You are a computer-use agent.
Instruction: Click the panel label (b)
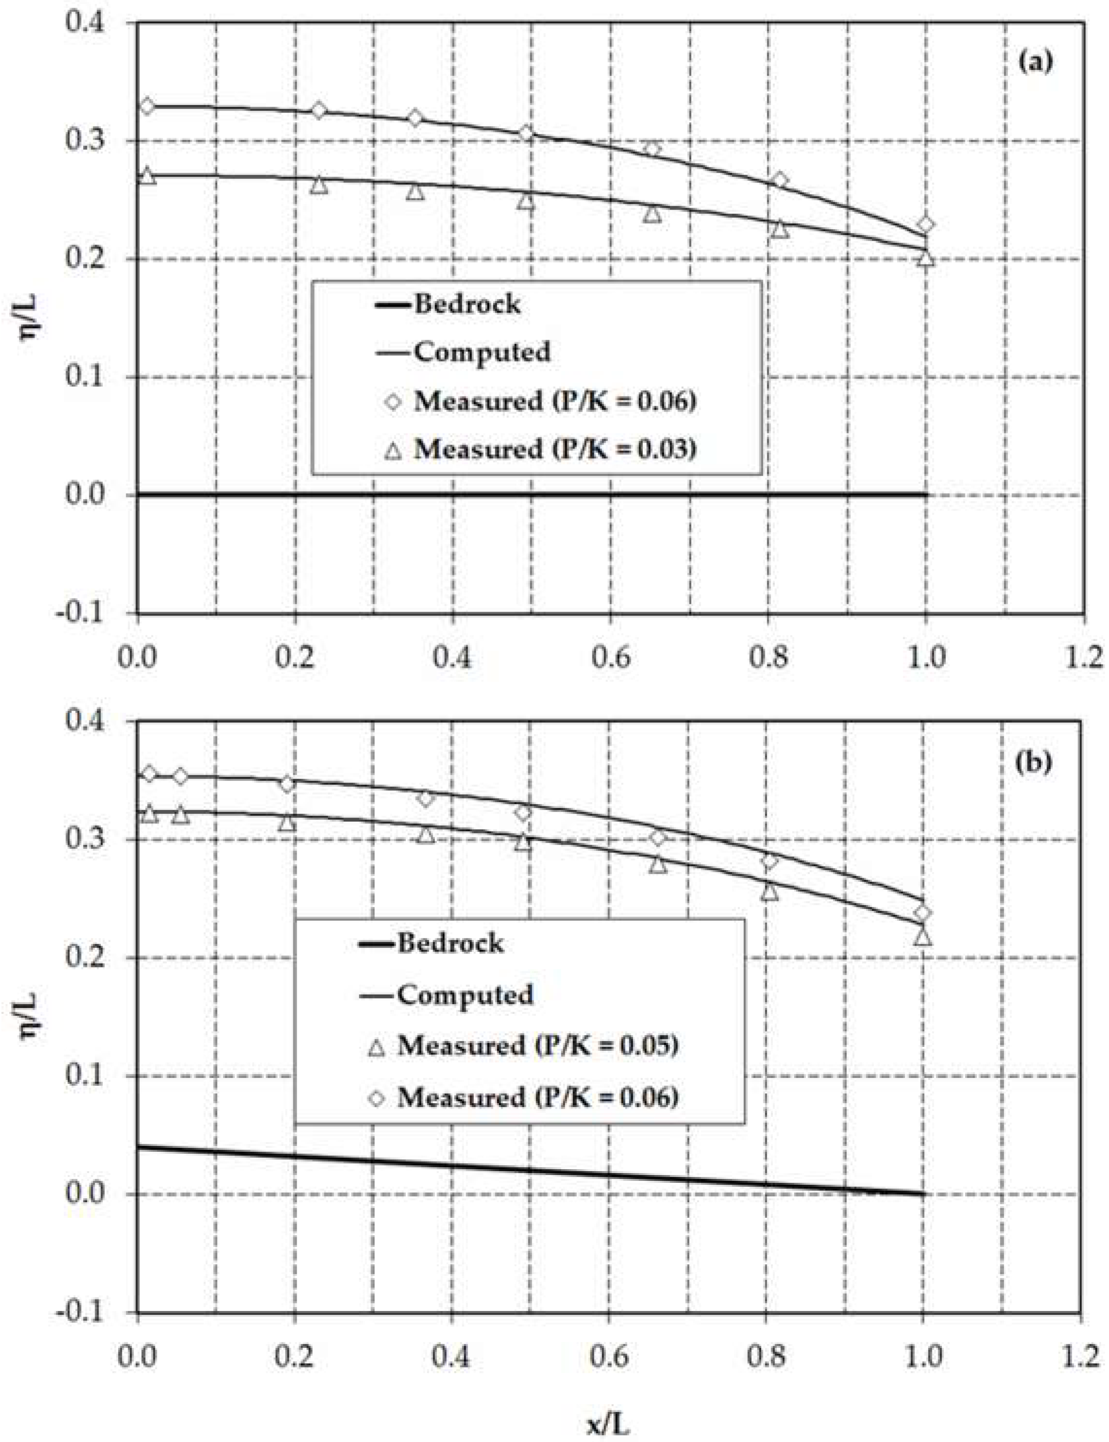1034,762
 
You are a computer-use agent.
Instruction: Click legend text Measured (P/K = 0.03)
554,449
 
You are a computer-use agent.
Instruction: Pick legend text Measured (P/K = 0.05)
538,1045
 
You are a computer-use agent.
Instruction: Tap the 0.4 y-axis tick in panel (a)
86,21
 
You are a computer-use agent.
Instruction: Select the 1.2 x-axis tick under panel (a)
1083,658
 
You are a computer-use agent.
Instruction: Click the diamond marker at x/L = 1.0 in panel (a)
925,224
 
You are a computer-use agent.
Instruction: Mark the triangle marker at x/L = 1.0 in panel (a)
926,258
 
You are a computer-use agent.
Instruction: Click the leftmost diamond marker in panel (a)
147,106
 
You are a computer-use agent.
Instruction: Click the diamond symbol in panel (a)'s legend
393,401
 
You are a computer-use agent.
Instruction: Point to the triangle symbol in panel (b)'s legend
376,1047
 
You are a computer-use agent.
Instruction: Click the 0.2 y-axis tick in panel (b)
86,958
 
